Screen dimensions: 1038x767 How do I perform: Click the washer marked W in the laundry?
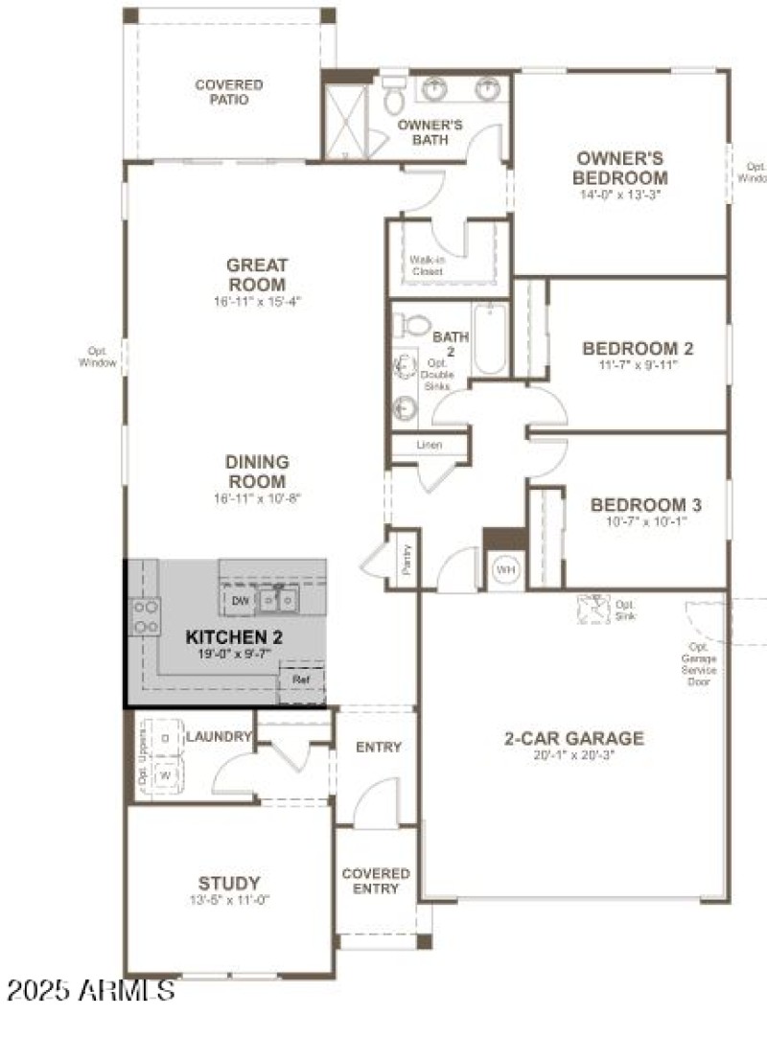165,773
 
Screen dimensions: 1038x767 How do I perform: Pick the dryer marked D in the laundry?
165,738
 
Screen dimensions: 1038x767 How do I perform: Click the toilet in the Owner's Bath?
394,100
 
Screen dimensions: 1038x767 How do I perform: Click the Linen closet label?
429,445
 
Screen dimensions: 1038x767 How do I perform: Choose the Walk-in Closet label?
427,265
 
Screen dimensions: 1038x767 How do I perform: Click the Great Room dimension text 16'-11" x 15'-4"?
257,302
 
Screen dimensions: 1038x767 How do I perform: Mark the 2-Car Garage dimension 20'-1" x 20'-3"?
573,754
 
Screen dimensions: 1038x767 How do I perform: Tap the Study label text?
229,883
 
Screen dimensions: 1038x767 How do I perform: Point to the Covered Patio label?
229,92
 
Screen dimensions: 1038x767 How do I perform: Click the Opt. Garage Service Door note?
698,664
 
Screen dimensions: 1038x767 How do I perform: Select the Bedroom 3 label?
639,505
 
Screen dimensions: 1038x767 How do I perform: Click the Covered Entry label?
376,881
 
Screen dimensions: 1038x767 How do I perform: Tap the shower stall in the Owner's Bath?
339,122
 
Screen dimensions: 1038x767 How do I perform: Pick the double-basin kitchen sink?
277,600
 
